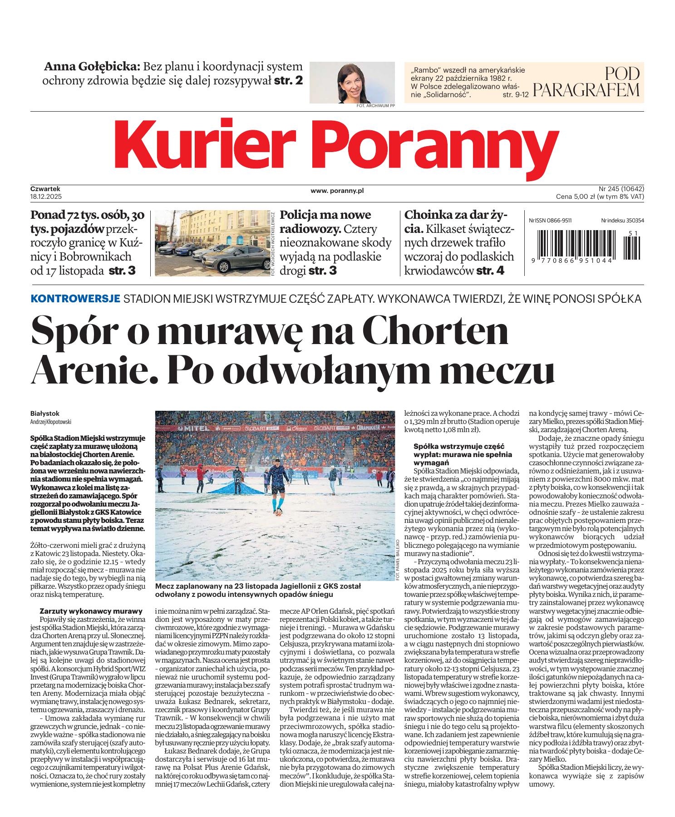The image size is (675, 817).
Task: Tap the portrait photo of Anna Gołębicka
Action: [352, 82]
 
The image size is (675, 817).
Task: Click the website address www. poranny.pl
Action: [337, 191]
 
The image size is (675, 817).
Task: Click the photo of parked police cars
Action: [212, 243]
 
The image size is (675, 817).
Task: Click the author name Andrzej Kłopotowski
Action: [51, 421]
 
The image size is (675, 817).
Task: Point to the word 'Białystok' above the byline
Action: [45, 413]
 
